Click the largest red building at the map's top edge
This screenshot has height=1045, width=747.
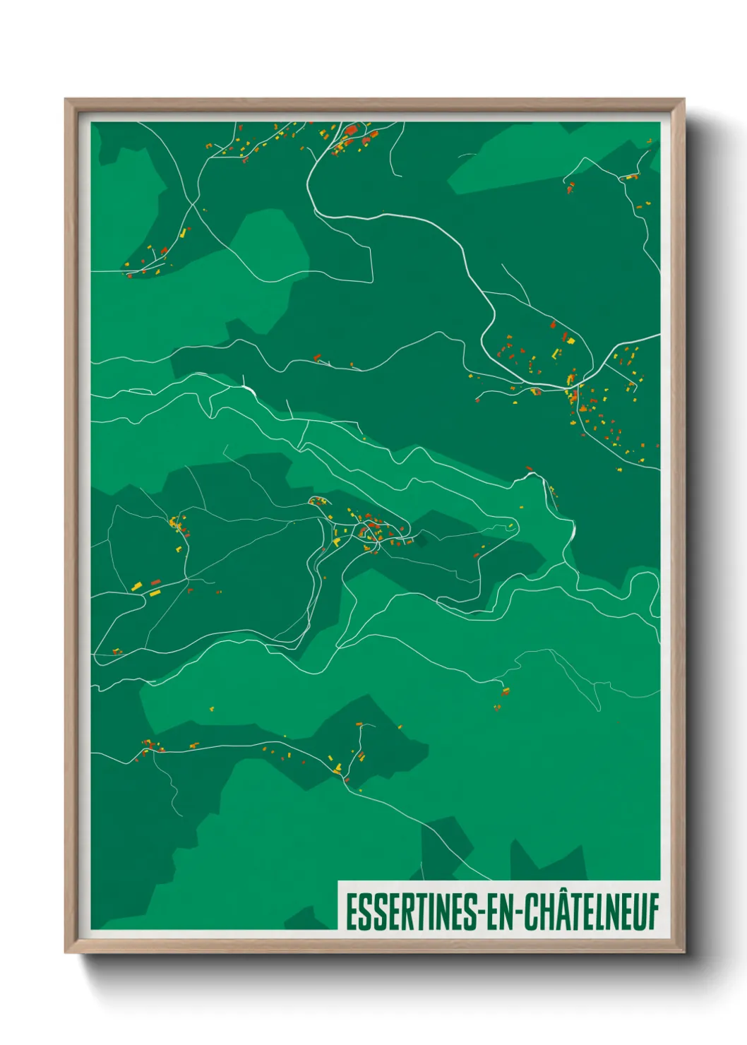click(351, 131)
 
